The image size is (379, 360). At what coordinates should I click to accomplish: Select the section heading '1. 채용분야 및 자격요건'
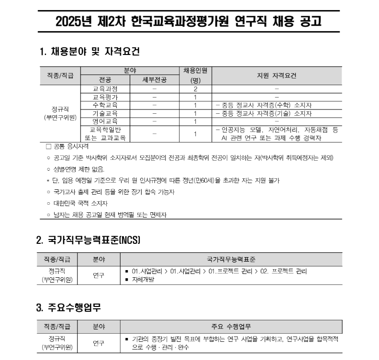(x=89, y=51)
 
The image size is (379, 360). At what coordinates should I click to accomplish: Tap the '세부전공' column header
(x=154, y=80)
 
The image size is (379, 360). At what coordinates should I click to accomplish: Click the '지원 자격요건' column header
(x=277, y=76)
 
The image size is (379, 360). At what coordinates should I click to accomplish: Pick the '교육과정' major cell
(x=105, y=89)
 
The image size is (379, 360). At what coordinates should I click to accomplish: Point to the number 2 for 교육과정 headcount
(x=195, y=89)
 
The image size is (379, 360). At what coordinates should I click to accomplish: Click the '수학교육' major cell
(x=105, y=105)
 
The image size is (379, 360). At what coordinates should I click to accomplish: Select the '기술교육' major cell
(x=105, y=113)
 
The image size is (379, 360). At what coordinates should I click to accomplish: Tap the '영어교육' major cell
(x=105, y=121)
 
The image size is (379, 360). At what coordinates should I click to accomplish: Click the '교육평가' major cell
(x=105, y=97)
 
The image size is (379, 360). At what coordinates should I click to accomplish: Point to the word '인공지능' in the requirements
(x=232, y=130)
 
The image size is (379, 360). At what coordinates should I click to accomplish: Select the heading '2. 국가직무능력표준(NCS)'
(x=88, y=240)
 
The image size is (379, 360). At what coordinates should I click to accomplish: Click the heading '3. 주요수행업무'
(x=68, y=308)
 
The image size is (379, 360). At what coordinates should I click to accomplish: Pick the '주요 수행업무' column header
(x=232, y=327)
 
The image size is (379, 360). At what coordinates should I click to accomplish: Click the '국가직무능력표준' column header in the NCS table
(x=232, y=259)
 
